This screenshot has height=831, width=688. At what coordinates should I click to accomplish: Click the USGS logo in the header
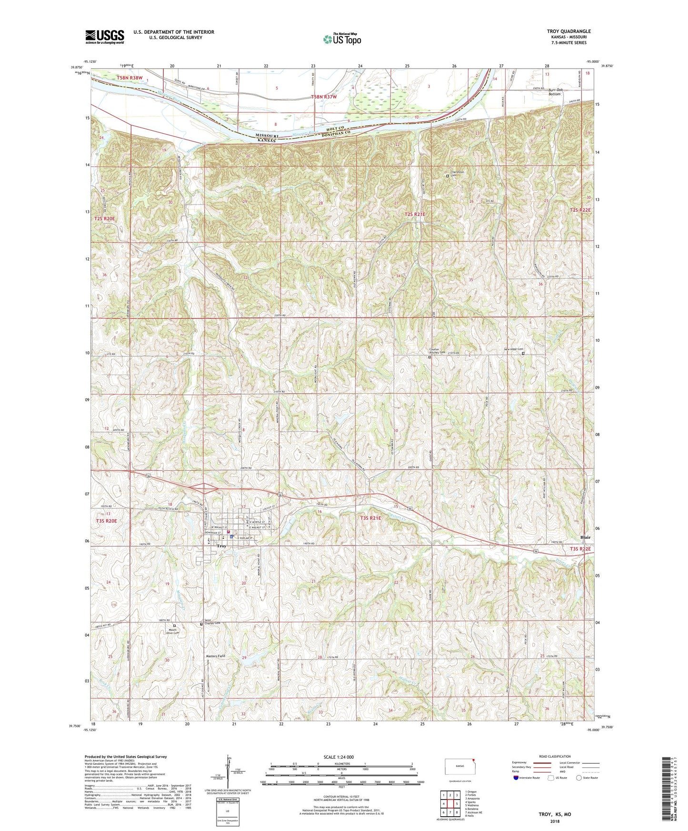coord(104,37)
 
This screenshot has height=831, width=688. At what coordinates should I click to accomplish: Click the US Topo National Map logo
coord(342,39)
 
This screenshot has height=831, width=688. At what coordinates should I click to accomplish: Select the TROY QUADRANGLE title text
coord(568,31)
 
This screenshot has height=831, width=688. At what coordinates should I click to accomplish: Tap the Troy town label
coord(221,546)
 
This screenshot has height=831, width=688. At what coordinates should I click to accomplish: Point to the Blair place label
coord(585,537)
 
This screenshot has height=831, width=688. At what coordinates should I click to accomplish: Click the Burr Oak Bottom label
coord(555,92)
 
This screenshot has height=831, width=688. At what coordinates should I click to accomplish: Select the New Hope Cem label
coord(513,350)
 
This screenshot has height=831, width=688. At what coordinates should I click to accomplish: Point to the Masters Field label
coord(216,656)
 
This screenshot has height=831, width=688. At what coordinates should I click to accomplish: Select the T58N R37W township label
coord(324,97)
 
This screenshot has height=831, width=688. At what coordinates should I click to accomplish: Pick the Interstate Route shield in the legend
coord(516,778)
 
